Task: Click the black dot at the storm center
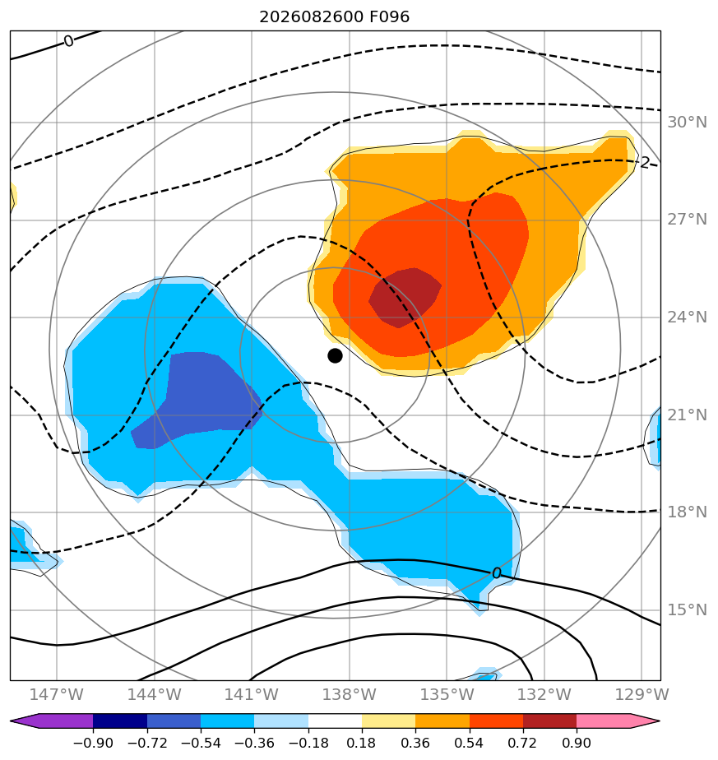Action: coord(335,356)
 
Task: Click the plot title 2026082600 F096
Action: coord(335,17)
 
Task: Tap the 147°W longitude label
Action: coord(57,694)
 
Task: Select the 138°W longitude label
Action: coord(349,694)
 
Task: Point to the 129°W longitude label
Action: coord(642,694)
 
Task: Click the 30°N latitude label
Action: coord(687,122)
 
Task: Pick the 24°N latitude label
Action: coord(687,317)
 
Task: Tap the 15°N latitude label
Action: coord(687,609)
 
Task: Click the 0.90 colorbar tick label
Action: coord(577,743)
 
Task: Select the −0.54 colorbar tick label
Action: coord(201,743)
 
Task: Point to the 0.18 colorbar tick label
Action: coord(362,743)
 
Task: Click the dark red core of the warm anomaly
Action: coord(405,298)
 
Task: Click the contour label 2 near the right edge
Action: coord(644,162)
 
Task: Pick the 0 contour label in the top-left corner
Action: coord(69,41)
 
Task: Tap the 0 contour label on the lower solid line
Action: coord(496,573)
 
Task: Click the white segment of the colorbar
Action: coord(335,721)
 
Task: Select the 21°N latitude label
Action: coord(687,415)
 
